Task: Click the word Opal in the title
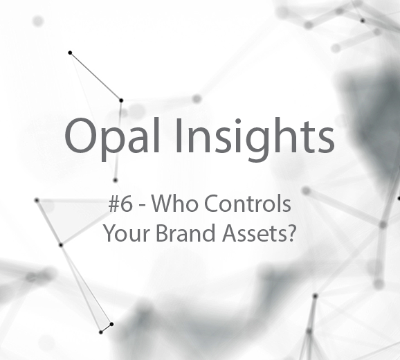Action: tap(113, 138)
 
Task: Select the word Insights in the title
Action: tap(255, 138)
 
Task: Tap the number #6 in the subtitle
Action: tap(120, 204)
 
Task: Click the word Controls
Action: tap(248, 204)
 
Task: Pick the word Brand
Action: tap(185, 233)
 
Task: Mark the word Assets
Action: tap(253, 233)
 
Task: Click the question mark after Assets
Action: tap(289, 233)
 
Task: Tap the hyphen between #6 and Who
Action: tap(142, 206)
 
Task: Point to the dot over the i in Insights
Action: tap(238, 121)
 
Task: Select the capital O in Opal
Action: tap(80, 136)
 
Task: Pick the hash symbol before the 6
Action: tap(113, 204)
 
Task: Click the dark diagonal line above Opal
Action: tap(96, 77)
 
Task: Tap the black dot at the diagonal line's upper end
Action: tap(70, 53)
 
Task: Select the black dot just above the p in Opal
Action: tap(121, 100)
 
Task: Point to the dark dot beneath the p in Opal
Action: tap(116, 181)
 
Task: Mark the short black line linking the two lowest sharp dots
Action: tap(106, 328)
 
